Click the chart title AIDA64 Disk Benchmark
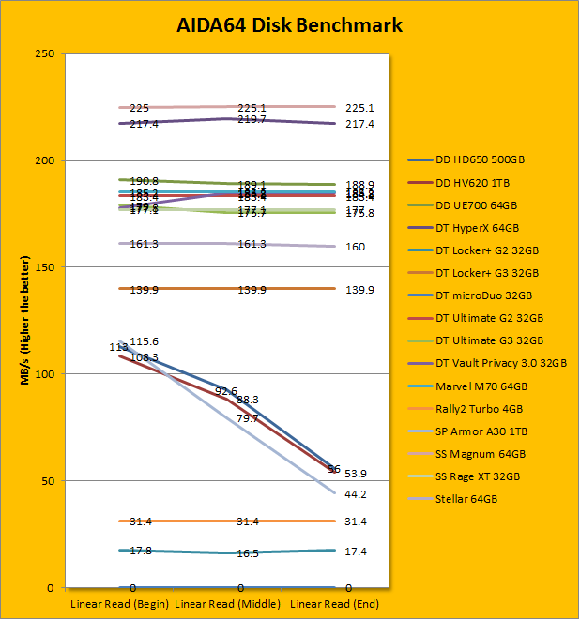click(x=290, y=25)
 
